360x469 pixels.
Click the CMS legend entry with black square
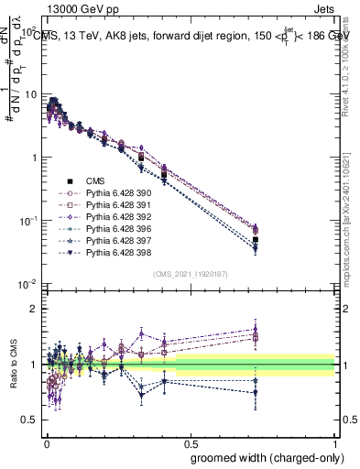pos(93,182)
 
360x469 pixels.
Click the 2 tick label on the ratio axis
pos(35,310)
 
